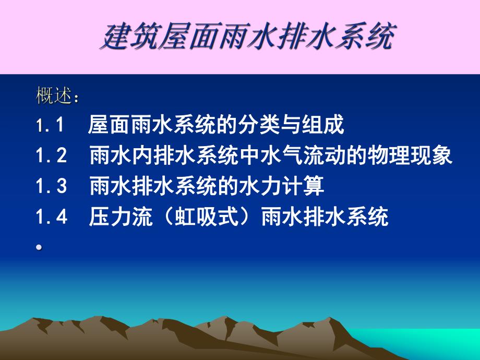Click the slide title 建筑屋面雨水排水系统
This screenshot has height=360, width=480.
(246, 38)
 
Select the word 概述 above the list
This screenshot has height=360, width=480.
(54, 96)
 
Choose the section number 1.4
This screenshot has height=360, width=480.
(52, 218)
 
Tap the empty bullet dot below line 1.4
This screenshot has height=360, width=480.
(39, 248)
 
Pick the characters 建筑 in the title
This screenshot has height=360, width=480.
(124, 38)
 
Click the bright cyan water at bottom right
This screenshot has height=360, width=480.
(443, 344)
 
